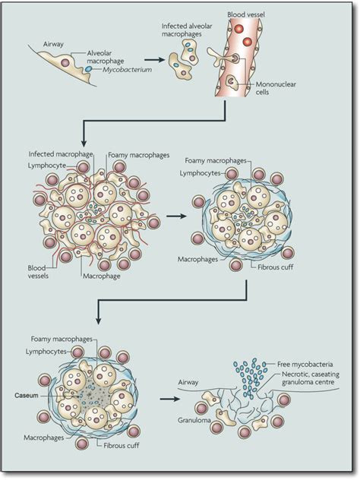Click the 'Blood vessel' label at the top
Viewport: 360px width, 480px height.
click(248, 14)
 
